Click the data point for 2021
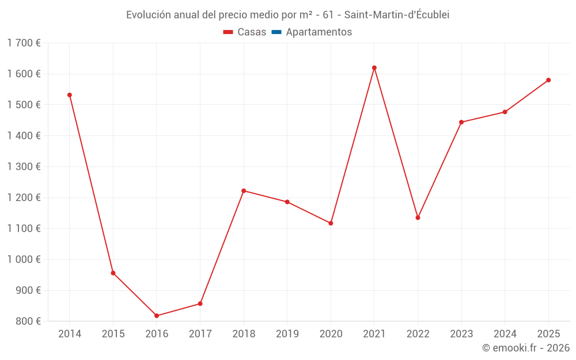coord(374,68)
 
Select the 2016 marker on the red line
coord(157,316)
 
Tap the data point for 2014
coord(70,95)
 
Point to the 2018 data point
coord(244,191)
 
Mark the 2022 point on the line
coord(418,218)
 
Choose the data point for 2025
coord(548,80)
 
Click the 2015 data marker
coord(113,273)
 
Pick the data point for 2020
coord(331,223)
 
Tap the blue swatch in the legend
coord(276,32)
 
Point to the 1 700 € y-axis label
coord(24,43)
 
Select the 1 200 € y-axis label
coord(24,198)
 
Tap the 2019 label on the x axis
coord(287,334)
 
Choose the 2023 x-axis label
coord(461,334)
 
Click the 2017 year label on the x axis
coord(200,334)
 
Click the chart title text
coord(287,15)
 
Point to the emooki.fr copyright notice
coord(526,348)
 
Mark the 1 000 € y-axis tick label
coord(24,260)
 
